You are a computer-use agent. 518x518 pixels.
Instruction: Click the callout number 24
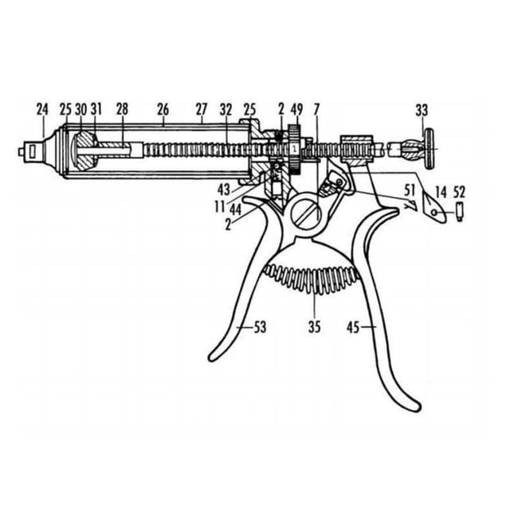click(42, 110)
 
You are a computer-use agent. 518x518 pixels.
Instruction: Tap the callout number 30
click(81, 110)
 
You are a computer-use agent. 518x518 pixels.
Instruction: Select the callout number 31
click(96, 110)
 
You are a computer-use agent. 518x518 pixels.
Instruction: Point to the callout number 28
click(122, 110)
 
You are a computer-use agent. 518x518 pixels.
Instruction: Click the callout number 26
click(163, 110)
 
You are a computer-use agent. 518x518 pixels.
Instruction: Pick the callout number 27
click(201, 110)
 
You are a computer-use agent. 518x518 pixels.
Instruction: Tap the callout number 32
click(226, 110)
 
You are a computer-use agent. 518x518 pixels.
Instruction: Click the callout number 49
click(296, 110)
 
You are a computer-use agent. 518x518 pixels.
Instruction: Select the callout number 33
click(422, 111)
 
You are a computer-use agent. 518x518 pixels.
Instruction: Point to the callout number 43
click(224, 190)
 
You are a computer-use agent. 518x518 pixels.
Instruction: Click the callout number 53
click(260, 327)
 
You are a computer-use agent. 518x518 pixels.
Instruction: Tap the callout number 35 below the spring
click(315, 327)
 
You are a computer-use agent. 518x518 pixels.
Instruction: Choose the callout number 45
click(353, 328)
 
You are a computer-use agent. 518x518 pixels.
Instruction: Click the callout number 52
click(459, 192)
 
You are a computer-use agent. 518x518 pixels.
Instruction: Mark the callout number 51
click(410, 190)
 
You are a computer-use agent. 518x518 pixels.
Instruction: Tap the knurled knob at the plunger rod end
click(430, 149)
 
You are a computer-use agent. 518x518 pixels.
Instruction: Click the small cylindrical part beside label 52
click(460, 213)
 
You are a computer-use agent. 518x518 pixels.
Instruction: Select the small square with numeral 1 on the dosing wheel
click(295, 147)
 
